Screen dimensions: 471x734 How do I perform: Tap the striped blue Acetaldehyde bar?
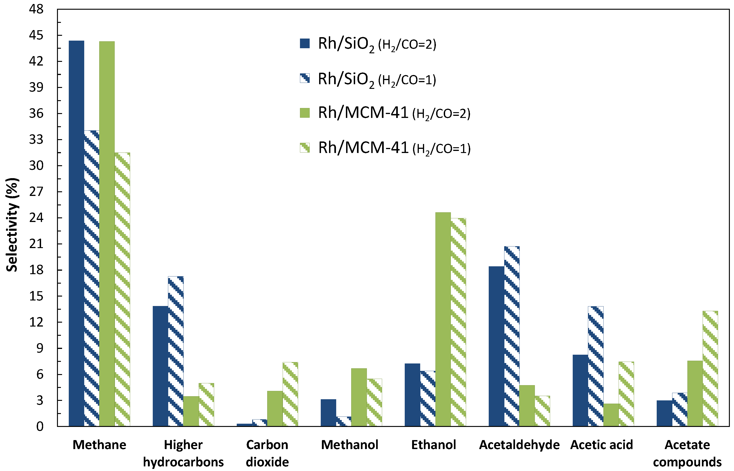512,336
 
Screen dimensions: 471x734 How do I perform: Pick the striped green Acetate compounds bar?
710,368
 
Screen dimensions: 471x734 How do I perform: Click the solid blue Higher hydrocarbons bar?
160,366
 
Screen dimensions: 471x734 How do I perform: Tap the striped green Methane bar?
122,289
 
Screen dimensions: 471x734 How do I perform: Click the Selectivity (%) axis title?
12,225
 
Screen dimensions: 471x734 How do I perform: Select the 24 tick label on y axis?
36,218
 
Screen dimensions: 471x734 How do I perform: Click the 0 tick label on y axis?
40,427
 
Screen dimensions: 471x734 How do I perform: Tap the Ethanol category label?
433,445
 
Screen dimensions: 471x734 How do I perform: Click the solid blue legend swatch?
305,43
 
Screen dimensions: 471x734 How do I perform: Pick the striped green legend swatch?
305,148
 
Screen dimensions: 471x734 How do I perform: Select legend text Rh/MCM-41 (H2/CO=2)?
394,113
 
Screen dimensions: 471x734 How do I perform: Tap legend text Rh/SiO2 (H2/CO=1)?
377,79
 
